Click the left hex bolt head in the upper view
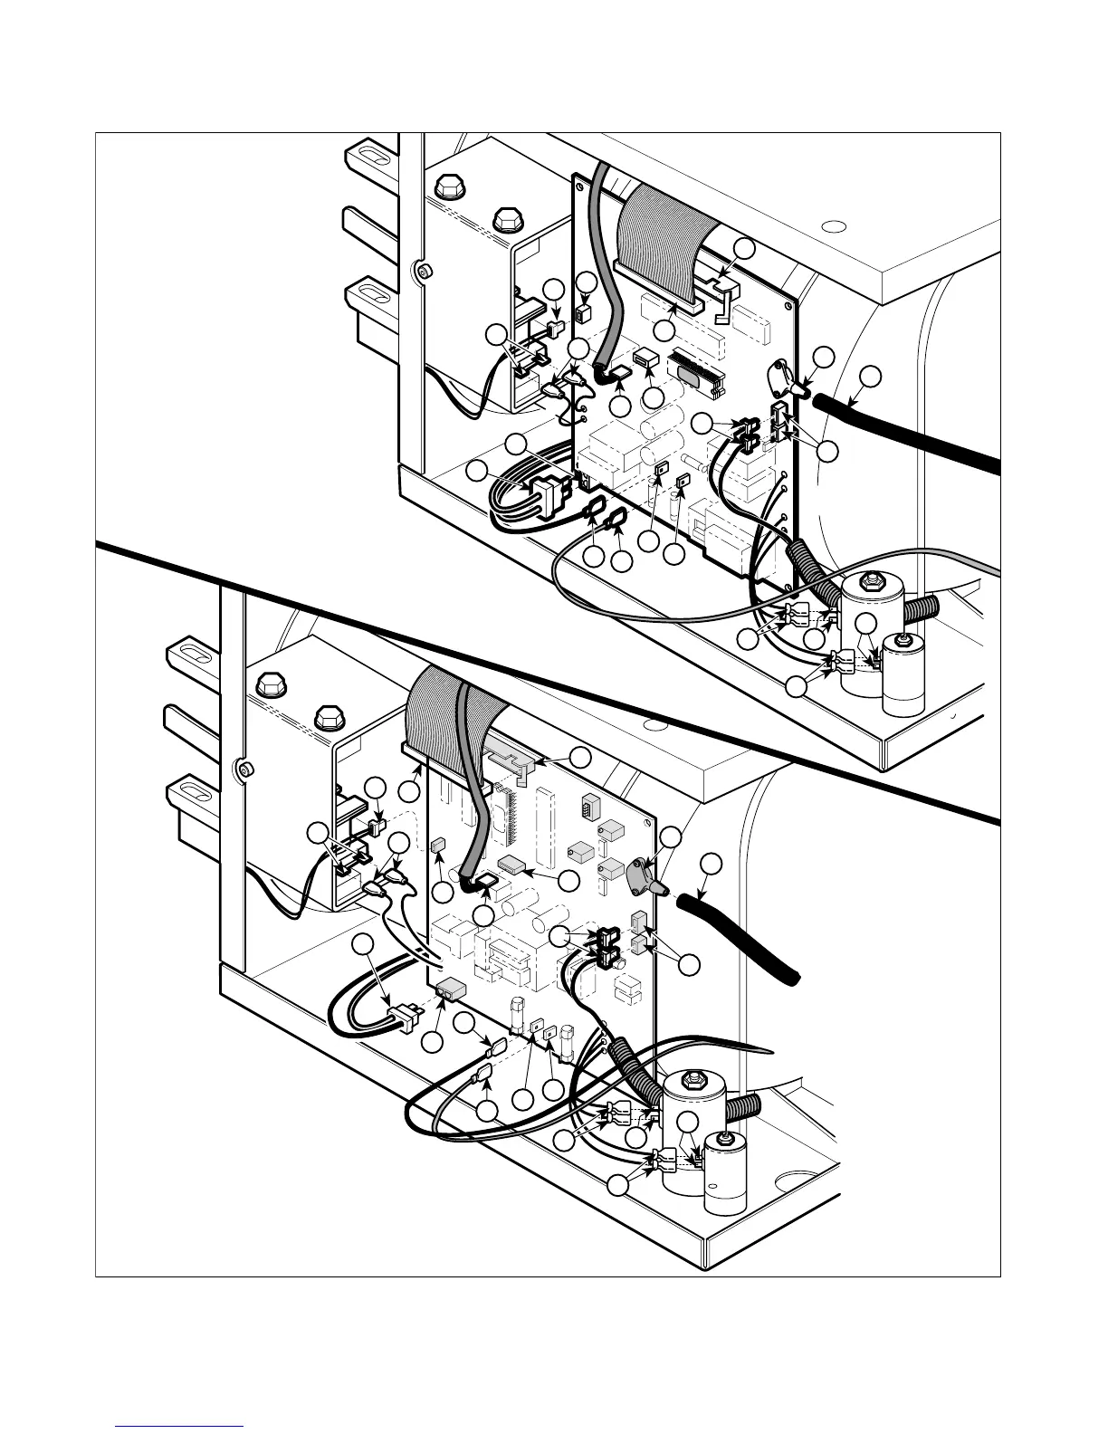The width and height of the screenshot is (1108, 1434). (445, 186)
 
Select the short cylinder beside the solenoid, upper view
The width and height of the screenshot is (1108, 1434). (902, 674)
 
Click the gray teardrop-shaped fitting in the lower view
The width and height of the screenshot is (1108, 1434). (642, 874)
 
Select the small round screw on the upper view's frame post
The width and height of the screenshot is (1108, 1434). (420, 270)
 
